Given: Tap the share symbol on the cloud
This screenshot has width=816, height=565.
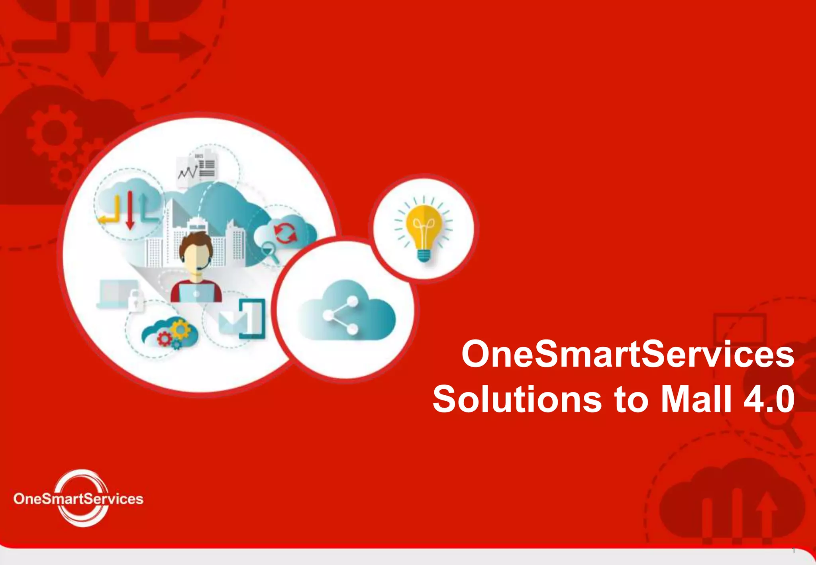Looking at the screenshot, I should click(x=341, y=315).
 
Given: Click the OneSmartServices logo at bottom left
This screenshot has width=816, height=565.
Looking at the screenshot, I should click(x=78, y=498).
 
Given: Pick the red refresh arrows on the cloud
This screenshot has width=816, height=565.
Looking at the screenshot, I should click(x=285, y=233).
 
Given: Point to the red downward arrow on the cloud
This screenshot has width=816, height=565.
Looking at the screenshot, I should click(x=130, y=211).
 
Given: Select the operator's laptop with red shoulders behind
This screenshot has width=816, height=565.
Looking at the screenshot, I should click(x=196, y=293).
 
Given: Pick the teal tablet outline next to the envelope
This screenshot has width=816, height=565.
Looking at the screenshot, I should click(x=253, y=319).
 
